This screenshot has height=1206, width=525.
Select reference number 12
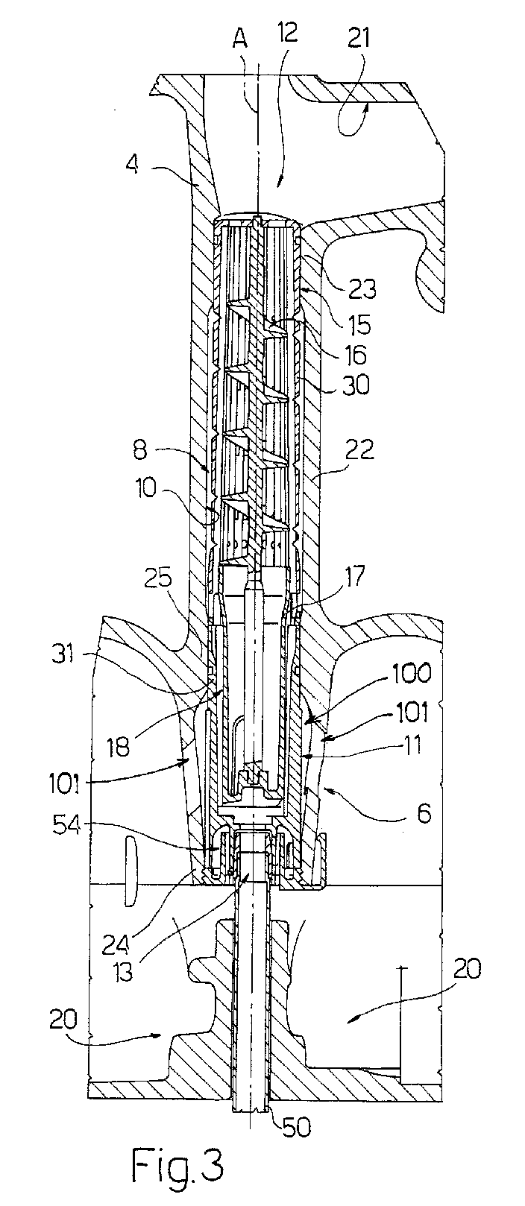[287, 34]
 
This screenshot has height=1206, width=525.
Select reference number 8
[140, 449]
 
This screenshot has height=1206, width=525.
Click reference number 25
[158, 578]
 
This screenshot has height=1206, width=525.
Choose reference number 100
[411, 674]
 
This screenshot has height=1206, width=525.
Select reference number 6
[425, 813]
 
